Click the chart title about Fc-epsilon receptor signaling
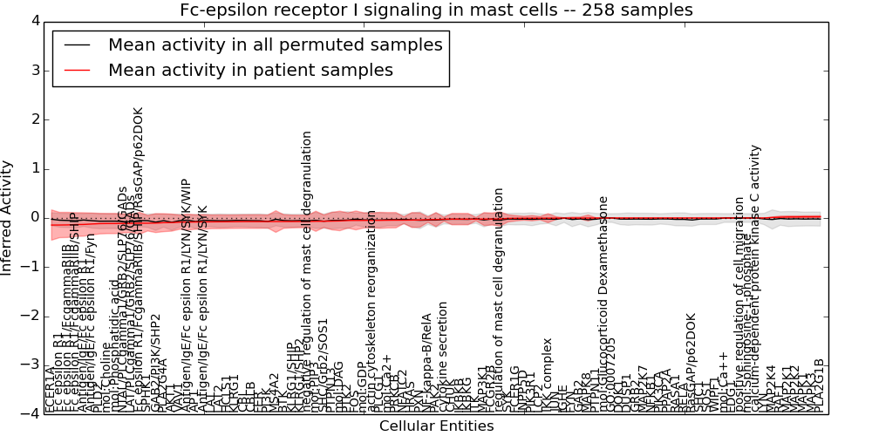pyautogui.click(x=436, y=10)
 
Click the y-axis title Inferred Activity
pyautogui.click(x=8, y=217)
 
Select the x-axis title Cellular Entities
pyautogui.click(x=436, y=426)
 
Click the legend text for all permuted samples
pyautogui.click(x=275, y=44)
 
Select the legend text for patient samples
pyautogui.click(x=250, y=70)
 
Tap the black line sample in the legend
pyautogui.click(x=76, y=44)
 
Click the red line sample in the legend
pyautogui.click(x=76, y=70)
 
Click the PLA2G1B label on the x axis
pyautogui.click(x=819, y=385)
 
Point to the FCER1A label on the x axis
pyautogui.click(x=50, y=389)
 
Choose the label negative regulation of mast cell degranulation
pyautogui.click(x=307, y=270)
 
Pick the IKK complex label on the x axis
pyautogui.click(x=548, y=374)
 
